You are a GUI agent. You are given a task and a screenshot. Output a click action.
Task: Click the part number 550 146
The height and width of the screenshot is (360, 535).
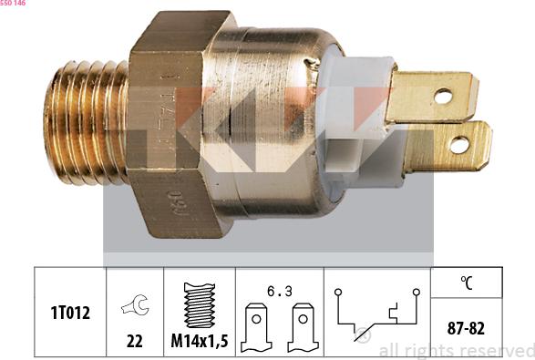pos(13,5)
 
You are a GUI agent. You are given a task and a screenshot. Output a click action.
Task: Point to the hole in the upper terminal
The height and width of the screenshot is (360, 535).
pos(443,95)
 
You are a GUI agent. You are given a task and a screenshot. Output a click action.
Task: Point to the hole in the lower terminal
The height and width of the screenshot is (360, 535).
pos(459,145)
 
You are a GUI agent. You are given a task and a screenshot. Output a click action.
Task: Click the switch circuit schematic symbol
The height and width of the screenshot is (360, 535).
pos(376,314)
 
